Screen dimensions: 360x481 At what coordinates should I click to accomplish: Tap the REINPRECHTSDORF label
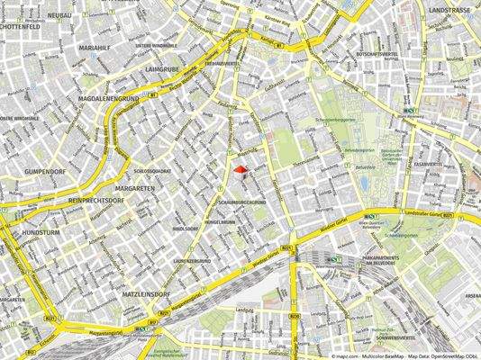(x=101, y=199)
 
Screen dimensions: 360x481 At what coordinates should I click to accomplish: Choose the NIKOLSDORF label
(x=186, y=229)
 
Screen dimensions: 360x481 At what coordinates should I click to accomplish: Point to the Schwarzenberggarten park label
(x=334, y=118)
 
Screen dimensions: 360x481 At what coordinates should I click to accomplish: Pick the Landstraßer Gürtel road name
(x=427, y=213)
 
